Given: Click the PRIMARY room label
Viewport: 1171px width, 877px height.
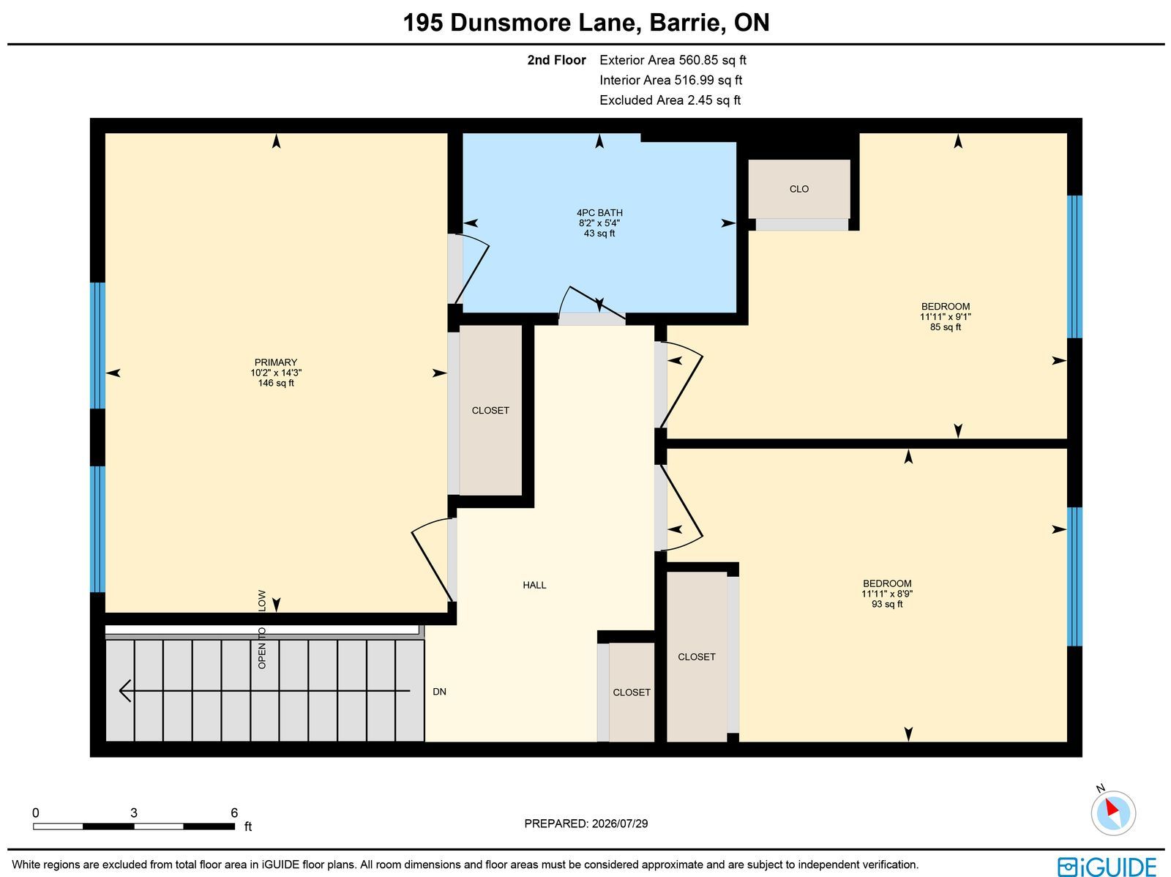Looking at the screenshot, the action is pos(275,362).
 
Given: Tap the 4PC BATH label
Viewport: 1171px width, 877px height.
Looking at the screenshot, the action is pos(599,213).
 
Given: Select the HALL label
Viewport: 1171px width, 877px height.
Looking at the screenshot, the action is pos(534,585).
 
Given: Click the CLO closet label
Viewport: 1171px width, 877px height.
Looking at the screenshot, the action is pos(798,189).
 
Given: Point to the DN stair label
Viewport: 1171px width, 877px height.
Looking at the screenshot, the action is pos(439,692).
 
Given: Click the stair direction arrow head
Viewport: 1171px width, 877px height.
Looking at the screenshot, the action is pos(124,691).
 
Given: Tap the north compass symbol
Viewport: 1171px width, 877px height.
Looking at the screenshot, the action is pos(1113,813).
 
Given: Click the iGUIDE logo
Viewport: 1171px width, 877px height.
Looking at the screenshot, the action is pos(1107,867).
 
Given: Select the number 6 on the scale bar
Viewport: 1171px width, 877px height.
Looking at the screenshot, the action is pos(233,813).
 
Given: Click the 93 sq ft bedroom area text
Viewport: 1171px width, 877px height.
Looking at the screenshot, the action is pos(886,605).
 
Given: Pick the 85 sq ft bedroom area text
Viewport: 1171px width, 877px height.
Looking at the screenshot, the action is pos(945,327).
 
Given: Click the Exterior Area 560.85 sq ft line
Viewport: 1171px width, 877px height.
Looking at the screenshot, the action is pos(673,60).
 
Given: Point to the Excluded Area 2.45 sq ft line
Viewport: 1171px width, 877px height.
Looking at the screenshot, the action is pos(670,100).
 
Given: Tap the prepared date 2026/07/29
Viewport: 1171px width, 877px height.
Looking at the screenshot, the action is pos(619,824).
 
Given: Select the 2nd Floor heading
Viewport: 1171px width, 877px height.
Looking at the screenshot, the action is pos(556,60).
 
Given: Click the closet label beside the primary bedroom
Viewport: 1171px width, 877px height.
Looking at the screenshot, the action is pos(490,410).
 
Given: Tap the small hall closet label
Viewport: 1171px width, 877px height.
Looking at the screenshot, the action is pos(631,693).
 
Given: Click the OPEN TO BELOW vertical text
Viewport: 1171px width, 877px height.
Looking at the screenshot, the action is pos(261,629).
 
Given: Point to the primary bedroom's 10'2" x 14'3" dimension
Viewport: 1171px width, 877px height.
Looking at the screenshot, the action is pos(276,373).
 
